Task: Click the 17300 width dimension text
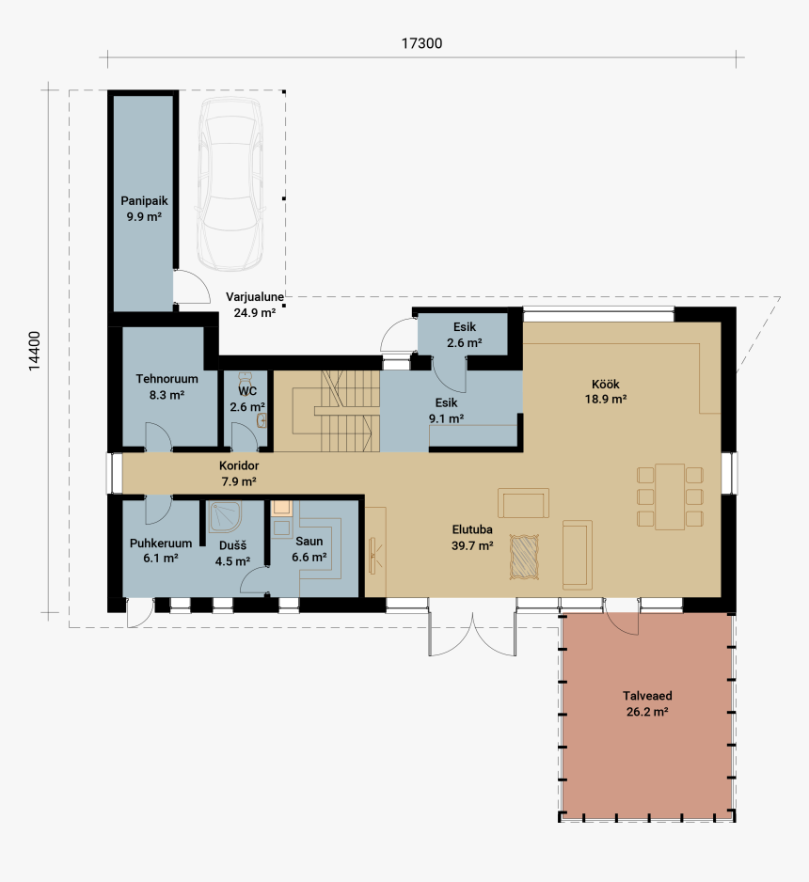(x=421, y=43)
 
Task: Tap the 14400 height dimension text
(x=35, y=351)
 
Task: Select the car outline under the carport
(x=230, y=184)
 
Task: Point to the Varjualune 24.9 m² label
(x=255, y=305)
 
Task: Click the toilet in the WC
(x=245, y=377)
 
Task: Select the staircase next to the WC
(x=335, y=411)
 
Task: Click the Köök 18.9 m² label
(x=606, y=391)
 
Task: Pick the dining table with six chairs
(x=670, y=496)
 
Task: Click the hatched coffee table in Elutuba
(x=524, y=557)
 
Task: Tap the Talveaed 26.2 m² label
(x=647, y=703)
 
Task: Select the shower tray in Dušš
(x=225, y=517)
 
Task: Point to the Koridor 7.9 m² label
(x=239, y=474)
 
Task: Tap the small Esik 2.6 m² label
(x=465, y=335)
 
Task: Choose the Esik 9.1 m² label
(x=446, y=411)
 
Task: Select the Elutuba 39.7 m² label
(x=472, y=537)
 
